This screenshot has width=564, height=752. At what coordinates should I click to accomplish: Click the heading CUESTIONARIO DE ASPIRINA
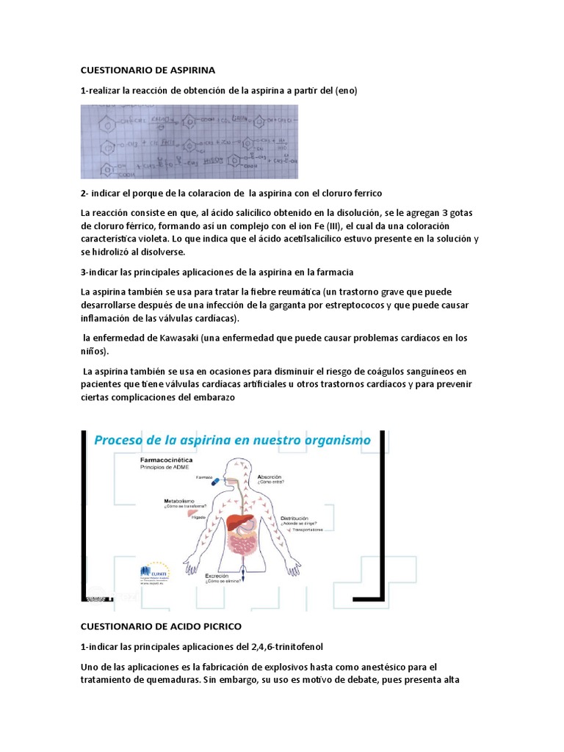coord(147,70)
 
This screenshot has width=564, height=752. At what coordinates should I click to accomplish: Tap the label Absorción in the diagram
coord(269,477)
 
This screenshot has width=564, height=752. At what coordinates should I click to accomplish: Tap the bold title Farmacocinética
coord(167,457)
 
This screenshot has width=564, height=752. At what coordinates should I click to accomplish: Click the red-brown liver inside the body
coord(239,523)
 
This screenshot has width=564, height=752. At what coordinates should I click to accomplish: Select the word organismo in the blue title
coord(335,440)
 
